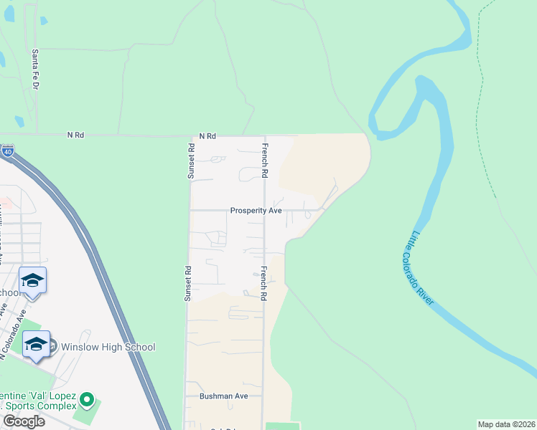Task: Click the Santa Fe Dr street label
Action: (x=34, y=69)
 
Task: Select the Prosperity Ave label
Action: (x=256, y=211)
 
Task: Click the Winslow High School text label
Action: (x=108, y=348)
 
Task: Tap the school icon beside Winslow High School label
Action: (x=36, y=345)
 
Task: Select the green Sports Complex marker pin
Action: (x=87, y=398)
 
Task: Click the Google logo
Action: (x=24, y=421)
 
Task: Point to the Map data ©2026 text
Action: (x=506, y=424)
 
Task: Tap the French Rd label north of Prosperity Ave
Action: (x=265, y=161)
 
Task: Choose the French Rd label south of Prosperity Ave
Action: (x=264, y=283)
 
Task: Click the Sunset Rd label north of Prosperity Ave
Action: (x=191, y=161)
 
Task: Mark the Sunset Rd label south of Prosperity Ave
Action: (x=189, y=283)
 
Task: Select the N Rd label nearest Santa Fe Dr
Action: (x=75, y=134)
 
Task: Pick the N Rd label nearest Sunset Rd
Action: (x=207, y=135)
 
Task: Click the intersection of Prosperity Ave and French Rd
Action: (x=264, y=211)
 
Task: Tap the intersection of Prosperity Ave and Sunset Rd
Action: (x=189, y=211)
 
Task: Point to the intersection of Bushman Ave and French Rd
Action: (x=263, y=396)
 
